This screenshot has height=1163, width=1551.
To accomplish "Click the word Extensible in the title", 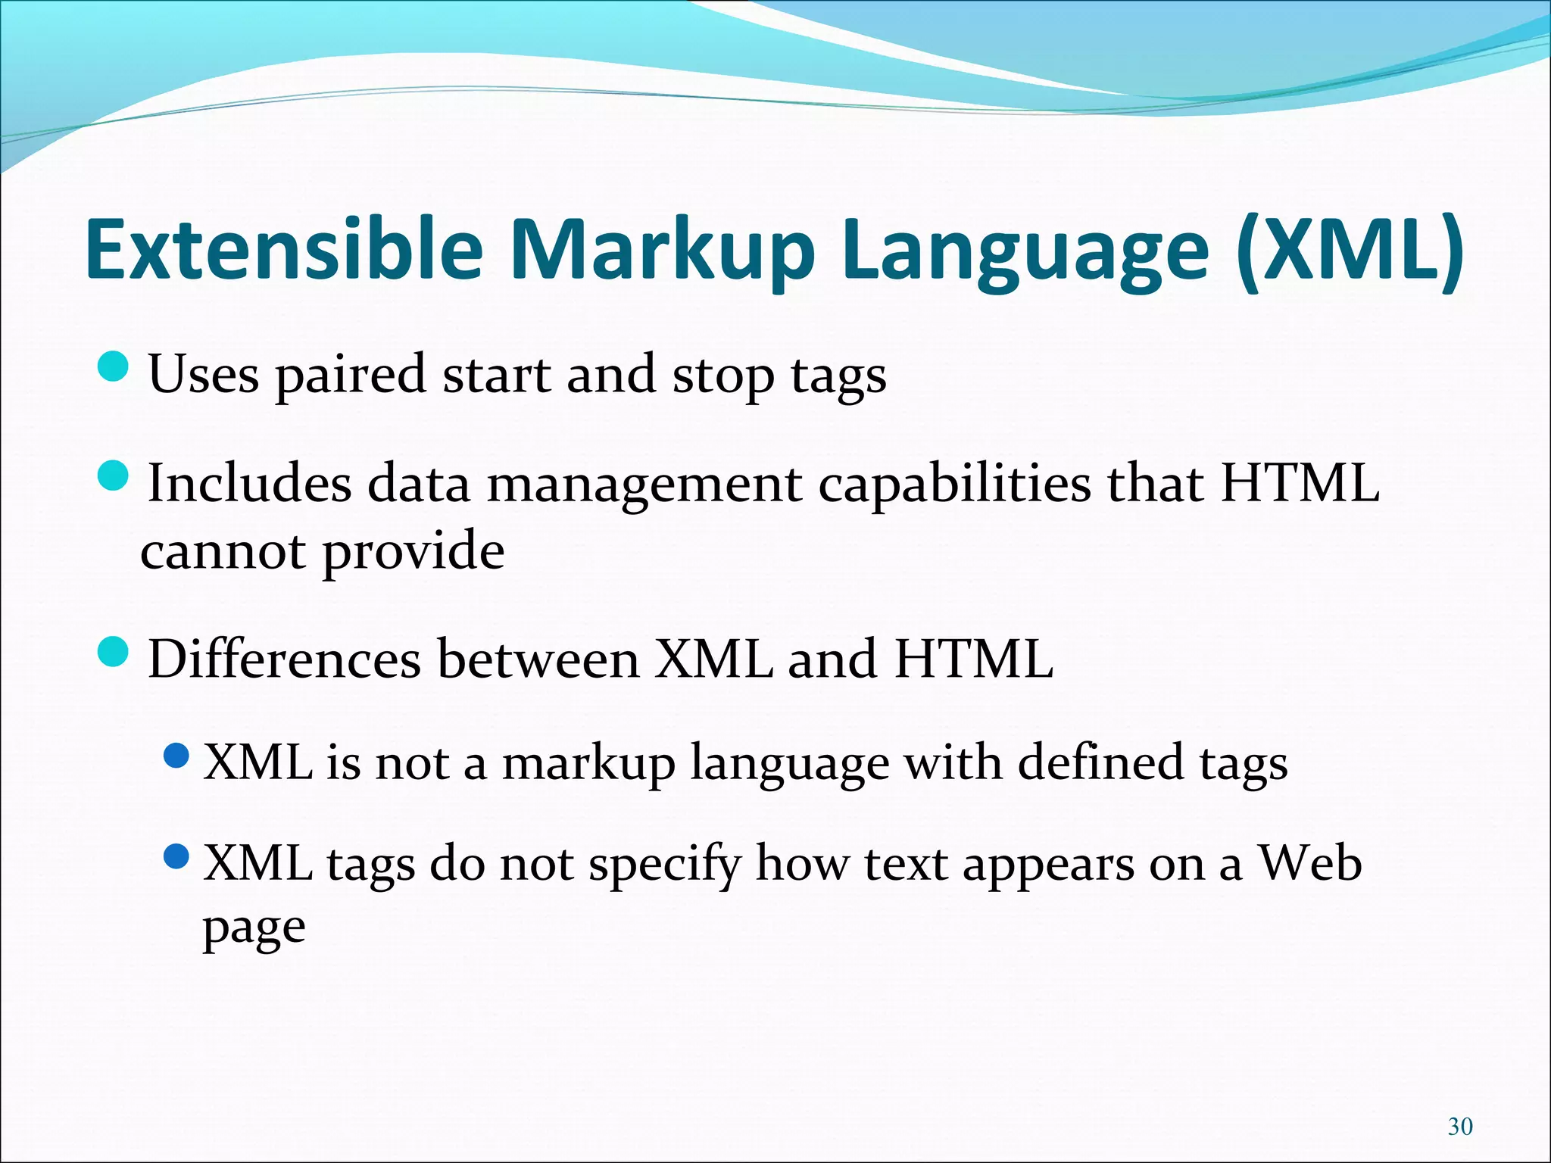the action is [284, 250].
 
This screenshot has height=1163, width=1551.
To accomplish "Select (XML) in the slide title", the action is [1350, 250].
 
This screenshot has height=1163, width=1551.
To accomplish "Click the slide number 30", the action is [1459, 1127].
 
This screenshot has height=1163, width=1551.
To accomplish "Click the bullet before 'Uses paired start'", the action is [114, 366].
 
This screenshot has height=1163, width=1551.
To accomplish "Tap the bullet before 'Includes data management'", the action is [114, 475].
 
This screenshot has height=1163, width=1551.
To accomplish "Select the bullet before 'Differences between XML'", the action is [114, 652].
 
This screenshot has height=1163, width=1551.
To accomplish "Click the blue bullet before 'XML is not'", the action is [176, 755].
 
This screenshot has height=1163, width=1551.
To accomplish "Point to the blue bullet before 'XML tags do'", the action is [176, 856].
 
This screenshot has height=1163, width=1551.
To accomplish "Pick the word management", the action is [644, 485].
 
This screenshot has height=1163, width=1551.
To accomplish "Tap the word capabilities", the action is [954, 485].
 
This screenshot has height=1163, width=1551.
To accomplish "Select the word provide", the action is [413, 553].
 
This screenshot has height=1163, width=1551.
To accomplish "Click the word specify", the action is [665, 865].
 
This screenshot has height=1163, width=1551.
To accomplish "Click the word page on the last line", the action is [254, 928].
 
